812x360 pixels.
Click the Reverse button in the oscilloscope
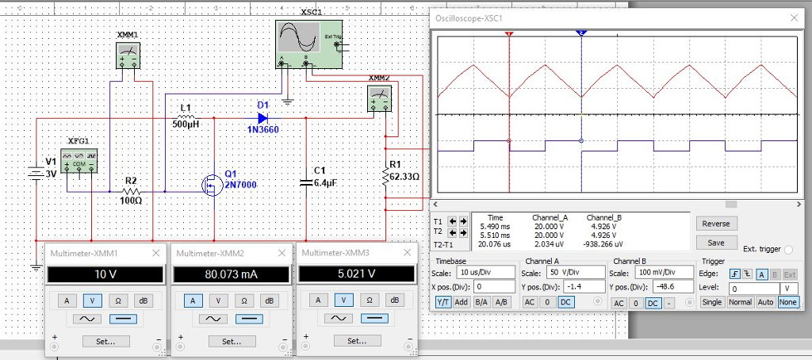point(716,224)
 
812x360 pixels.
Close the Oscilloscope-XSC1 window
point(794,17)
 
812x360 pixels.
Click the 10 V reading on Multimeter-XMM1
point(105,274)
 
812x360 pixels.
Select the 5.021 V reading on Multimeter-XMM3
point(355,274)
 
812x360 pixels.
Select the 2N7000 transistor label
point(241,184)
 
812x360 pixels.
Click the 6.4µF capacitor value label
point(326,182)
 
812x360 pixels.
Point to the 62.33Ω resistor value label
point(404,176)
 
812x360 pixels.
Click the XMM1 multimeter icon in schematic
point(128,56)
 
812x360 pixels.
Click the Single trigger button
point(711,302)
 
